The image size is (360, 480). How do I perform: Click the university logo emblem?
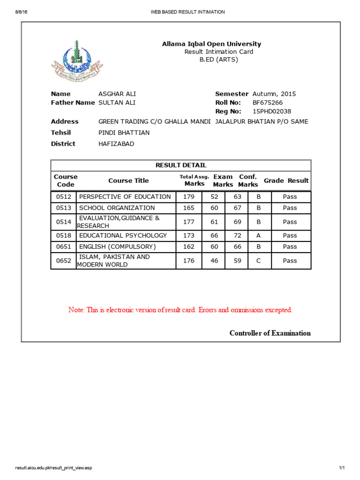click(77, 61)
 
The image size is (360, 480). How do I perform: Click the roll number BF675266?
click(268, 103)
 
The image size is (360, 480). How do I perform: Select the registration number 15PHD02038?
click(272, 112)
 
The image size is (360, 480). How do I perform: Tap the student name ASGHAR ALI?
click(117, 94)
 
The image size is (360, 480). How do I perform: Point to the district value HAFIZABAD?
click(116, 144)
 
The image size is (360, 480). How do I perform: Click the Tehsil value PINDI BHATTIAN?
click(124, 133)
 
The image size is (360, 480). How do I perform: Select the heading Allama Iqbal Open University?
click(211, 44)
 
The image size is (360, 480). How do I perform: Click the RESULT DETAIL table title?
click(180, 165)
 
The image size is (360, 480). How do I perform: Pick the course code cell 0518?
click(64, 236)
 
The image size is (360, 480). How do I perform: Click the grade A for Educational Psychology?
click(258, 236)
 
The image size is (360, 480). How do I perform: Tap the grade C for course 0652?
click(258, 261)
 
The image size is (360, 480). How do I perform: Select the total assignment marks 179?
click(189, 197)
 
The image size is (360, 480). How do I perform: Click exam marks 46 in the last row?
click(214, 261)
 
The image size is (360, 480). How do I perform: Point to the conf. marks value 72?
click(238, 236)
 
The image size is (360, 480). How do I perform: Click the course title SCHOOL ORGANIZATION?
click(117, 208)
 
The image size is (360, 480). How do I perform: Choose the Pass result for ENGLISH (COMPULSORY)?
click(290, 247)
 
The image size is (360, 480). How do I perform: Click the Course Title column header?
click(128, 180)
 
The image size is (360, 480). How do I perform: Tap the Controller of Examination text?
click(270, 333)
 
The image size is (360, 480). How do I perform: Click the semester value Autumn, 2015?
click(274, 94)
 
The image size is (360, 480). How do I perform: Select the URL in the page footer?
click(54, 468)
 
